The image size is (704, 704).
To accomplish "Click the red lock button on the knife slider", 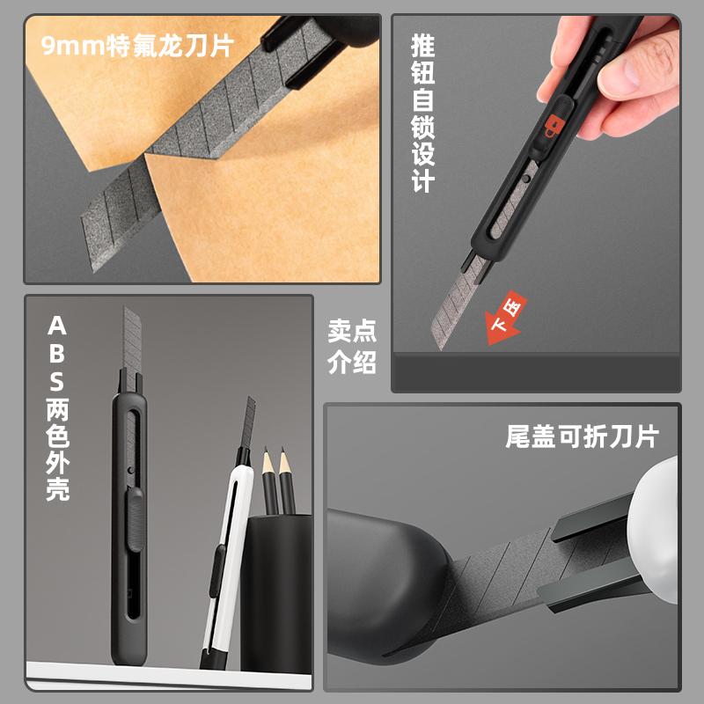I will (552, 130).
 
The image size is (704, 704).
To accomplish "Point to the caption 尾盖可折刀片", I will (582, 436).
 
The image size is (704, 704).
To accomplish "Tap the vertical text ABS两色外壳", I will (57, 408).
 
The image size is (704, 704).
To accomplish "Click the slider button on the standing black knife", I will (134, 518).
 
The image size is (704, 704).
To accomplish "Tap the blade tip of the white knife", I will (250, 404).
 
